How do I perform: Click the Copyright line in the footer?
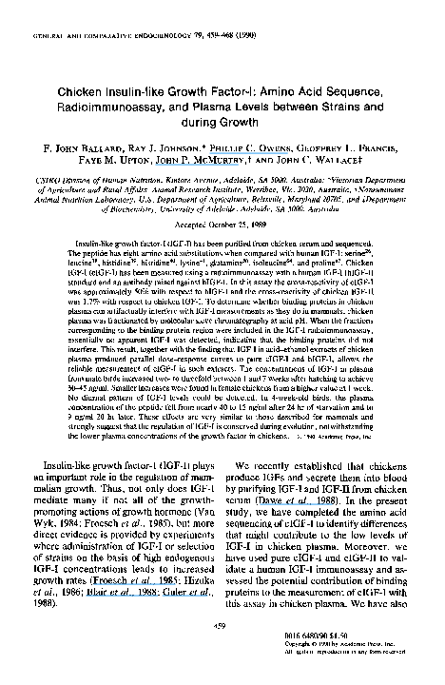[x=379, y=662]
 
